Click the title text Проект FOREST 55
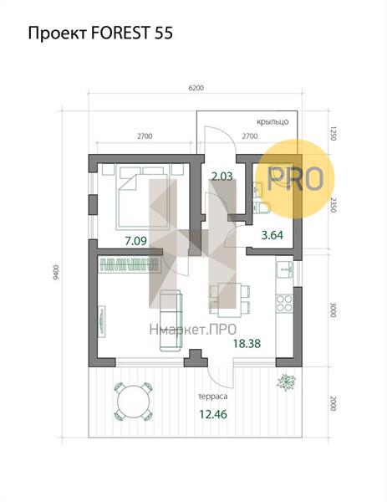click(x=100, y=33)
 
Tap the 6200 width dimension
click(x=196, y=88)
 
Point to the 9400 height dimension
click(x=56, y=272)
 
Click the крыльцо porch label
click(x=272, y=122)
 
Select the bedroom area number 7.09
click(x=136, y=241)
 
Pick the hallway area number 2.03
click(x=222, y=176)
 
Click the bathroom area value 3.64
click(x=272, y=235)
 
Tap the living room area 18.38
click(x=247, y=344)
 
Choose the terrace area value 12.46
click(x=213, y=414)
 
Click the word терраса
click(x=212, y=397)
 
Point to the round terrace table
click(x=134, y=401)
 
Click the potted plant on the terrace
click(x=286, y=382)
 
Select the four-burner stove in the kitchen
click(x=284, y=304)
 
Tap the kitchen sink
click(x=284, y=269)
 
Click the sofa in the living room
click(x=171, y=320)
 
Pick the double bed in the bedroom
click(x=143, y=197)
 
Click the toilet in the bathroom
click(x=262, y=207)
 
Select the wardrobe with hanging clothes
click(x=130, y=264)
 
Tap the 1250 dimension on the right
click(x=333, y=134)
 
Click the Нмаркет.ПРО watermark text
click(x=193, y=330)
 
